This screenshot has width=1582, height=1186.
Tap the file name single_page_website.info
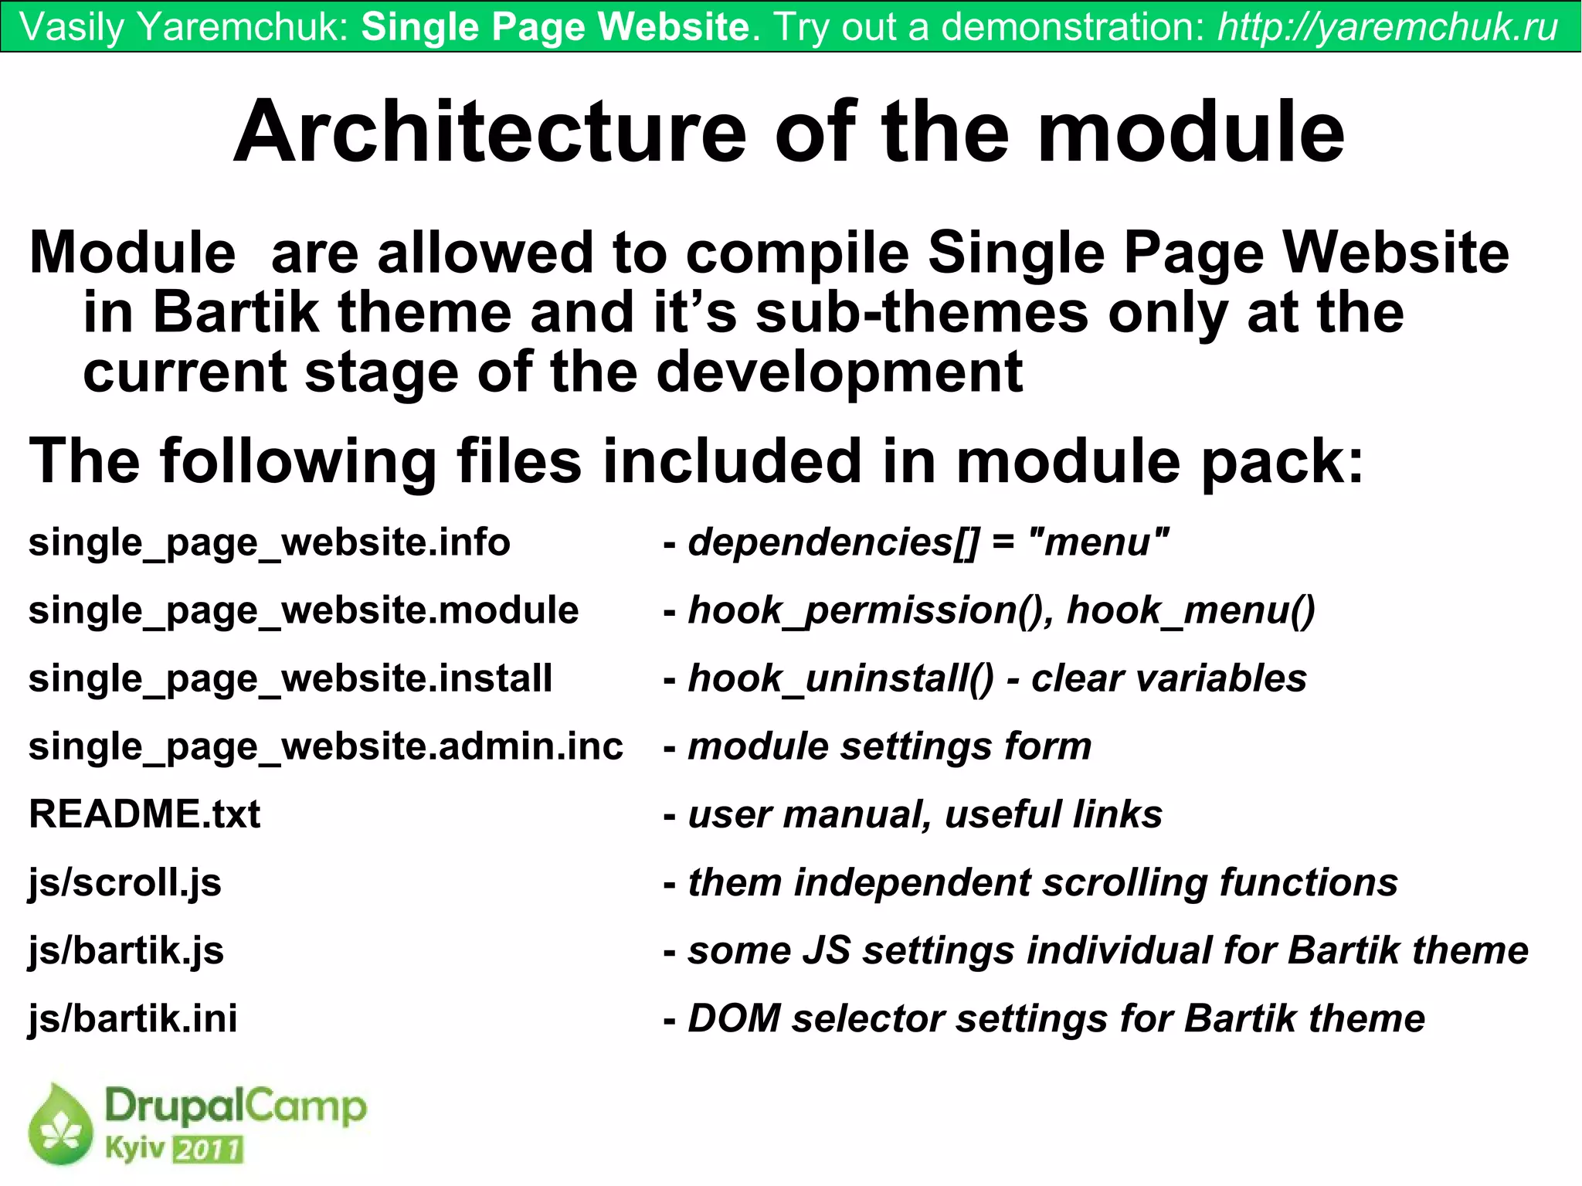click(269, 542)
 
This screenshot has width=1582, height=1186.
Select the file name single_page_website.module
click(303, 610)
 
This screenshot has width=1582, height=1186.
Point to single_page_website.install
click(290, 678)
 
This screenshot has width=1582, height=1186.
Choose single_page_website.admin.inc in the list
click(325, 746)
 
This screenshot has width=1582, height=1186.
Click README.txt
click(144, 814)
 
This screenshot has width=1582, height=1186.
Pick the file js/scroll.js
click(124, 882)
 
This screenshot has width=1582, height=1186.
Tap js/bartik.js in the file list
click(126, 950)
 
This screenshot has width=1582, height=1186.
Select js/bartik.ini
click(133, 1018)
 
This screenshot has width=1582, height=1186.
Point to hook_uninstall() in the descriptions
click(840, 678)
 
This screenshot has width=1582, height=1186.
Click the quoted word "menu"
click(1099, 542)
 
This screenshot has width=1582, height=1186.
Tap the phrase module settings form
click(889, 746)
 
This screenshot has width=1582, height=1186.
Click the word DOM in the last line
click(734, 1018)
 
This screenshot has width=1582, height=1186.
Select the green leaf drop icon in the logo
click(59, 1125)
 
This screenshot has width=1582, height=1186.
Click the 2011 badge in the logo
click(208, 1150)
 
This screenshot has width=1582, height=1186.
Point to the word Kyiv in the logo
click(135, 1148)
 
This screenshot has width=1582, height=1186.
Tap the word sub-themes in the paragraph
click(921, 313)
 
